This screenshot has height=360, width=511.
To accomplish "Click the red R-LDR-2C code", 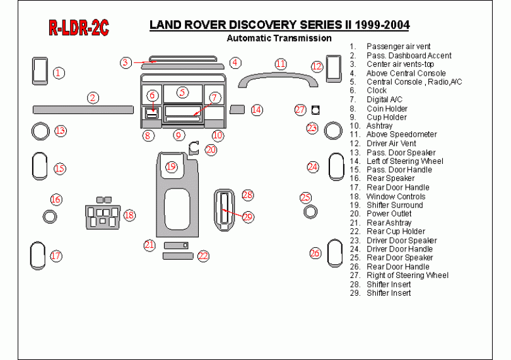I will pyautogui.click(x=78, y=28).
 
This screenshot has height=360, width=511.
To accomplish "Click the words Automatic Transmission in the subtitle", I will pyautogui.click(x=279, y=38).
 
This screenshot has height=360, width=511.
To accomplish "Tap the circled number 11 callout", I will pyautogui.click(x=281, y=64).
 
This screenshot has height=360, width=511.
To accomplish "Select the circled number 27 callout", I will pyautogui.click(x=300, y=110).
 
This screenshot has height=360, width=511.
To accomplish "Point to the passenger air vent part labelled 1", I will pyautogui.click(x=40, y=71).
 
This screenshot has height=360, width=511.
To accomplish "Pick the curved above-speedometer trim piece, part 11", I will pyautogui.click(x=276, y=78).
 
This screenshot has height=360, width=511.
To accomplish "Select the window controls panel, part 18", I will pyautogui.click(x=102, y=215).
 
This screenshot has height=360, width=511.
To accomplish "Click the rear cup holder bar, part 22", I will pyautogui.click(x=177, y=255).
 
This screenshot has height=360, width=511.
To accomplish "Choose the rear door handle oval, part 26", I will pyautogui.click(x=334, y=253).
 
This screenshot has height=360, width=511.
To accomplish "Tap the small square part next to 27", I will pyautogui.click(x=315, y=109).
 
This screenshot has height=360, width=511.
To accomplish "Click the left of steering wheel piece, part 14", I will pyautogui.click(x=237, y=110).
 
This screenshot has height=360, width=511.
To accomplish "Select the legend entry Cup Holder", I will pyautogui.click(x=387, y=117).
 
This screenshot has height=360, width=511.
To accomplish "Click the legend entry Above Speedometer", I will pyautogui.click(x=401, y=134).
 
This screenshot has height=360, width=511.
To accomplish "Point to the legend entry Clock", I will pyautogui.click(x=377, y=91).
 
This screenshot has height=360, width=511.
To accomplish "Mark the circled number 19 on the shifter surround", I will pyautogui.click(x=171, y=167).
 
